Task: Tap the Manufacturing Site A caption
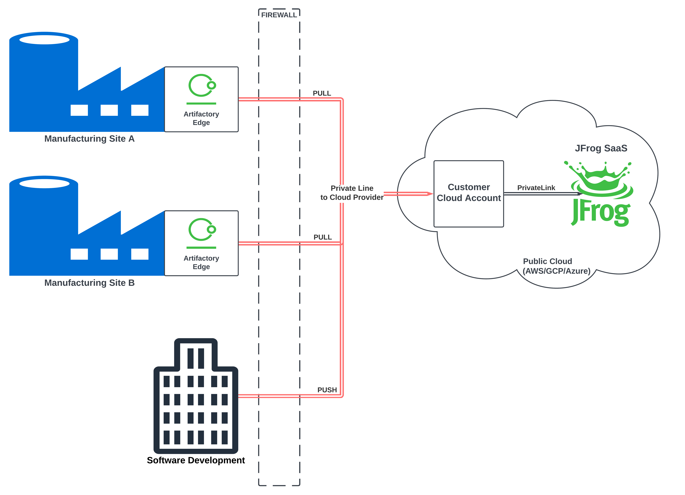coord(89,139)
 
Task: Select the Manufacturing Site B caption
coord(89,283)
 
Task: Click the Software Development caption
coord(196,460)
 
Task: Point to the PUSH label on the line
coord(327,390)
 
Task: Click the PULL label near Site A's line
coord(322,93)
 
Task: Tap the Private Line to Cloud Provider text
coord(352,193)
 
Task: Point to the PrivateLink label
coord(536,188)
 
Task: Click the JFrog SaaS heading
coord(601,148)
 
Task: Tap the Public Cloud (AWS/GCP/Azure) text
coord(556,266)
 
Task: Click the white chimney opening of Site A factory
coord(44,40)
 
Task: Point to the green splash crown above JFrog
coord(601,178)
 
